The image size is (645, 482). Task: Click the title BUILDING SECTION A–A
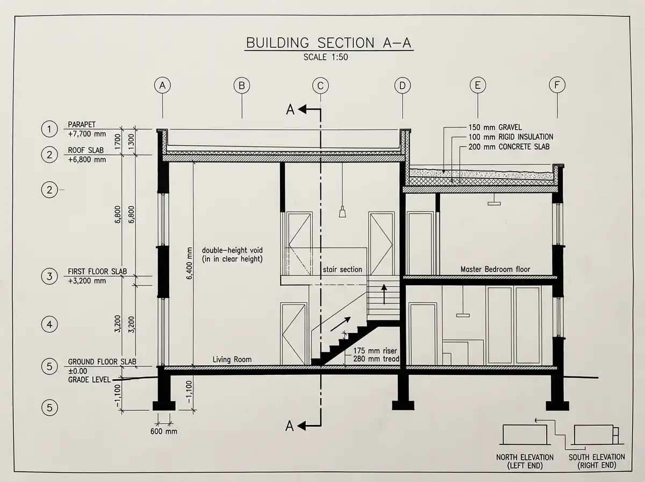tap(328, 42)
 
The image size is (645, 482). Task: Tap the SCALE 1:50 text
tap(326, 58)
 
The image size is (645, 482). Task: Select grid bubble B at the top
tap(242, 85)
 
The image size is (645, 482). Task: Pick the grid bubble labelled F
tap(557, 85)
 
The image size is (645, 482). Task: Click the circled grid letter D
tap(402, 85)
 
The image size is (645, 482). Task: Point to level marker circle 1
tap(49, 129)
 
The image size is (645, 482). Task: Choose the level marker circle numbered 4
tap(49, 325)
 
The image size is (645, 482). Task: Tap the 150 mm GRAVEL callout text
tap(494, 127)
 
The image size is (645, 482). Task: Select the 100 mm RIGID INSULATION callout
tap(510, 137)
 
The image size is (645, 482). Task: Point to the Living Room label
tap(232, 359)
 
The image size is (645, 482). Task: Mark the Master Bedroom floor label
tap(495, 269)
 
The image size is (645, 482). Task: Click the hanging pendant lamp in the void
tap(342, 212)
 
